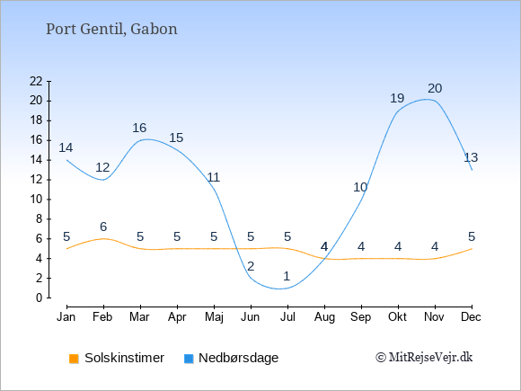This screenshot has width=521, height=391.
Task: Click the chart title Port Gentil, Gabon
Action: pyautogui.click(x=111, y=30)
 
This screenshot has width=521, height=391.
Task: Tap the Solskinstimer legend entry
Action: pyautogui.click(x=117, y=358)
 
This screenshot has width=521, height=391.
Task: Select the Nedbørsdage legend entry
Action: pyautogui.click(x=231, y=358)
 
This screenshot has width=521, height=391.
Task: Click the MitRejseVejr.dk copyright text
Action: pyautogui.click(x=424, y=357)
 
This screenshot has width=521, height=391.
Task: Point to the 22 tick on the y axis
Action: pyautogui.click(x=36, y=81)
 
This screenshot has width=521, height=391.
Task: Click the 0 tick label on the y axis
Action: pyautogui.click(x=40, y=298)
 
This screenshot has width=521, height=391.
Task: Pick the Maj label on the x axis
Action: pyautogui.click(x=214, y=317)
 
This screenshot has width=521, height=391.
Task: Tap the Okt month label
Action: pyautogui.click(x=397, y=317)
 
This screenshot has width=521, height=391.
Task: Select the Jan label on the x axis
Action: pyautogui.click(x=66, y=317)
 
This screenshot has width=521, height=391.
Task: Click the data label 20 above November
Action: pyautogui.click(x=435, y=88)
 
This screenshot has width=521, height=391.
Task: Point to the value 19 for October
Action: pyautogui.click(x=397, y=98)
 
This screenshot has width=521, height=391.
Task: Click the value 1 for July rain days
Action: pyautogui.click(x=287, y=276)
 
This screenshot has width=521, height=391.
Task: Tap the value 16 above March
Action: pyautogui.click(x=139, y=128)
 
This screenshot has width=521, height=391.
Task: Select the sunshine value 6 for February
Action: pyautogui.click(x=103, y=227)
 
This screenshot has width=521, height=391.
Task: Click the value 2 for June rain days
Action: pyautogui.click(x=251, y=266)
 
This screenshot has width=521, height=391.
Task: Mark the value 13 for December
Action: pyautogui.click(x=471, y=157)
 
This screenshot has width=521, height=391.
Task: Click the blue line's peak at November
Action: pyautogui.click(x=427, y=99)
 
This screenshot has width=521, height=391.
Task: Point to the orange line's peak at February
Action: pyautogui.click(x=103, y=239)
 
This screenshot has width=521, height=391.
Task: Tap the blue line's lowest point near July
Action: pyautogui.click(x=279, y=289)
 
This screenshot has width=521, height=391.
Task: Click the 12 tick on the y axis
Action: pyautogui.click(x=36, y=180)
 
